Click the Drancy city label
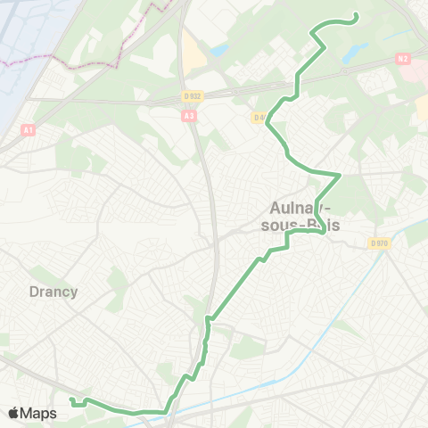click(x=53, y=292)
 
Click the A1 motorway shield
click(x=29, y=130)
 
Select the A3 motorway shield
click(x=188, y=116)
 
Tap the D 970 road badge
click(x=380, y=243)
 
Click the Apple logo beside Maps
click(x=14, y=413)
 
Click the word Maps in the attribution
click(x=38, y=413)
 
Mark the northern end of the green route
click(x=356, y=15)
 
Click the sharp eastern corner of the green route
click(x=341, y=174)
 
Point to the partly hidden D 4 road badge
click(x=258, y=117)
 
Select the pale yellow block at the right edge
click(x=422, y=106)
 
